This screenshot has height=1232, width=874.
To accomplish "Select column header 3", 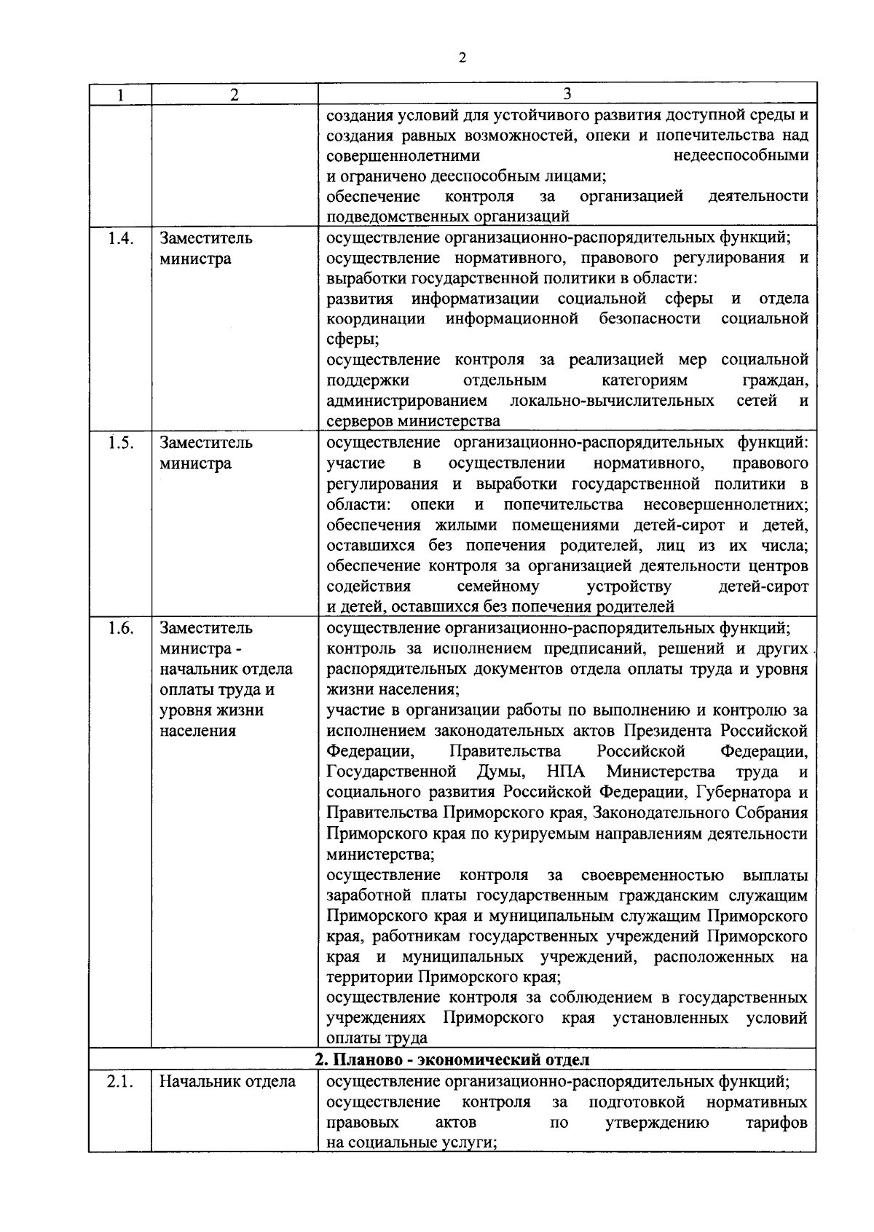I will (567, 94).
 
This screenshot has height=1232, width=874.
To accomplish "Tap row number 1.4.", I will (120, 238).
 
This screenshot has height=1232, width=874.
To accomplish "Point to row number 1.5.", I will (120, 443).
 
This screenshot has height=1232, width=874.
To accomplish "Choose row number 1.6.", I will (120, 628).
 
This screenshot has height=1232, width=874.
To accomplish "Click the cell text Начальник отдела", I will (227, 1082).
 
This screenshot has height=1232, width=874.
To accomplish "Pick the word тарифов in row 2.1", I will (776, 1123).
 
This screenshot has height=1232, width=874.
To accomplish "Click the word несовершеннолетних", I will (725, 505).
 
